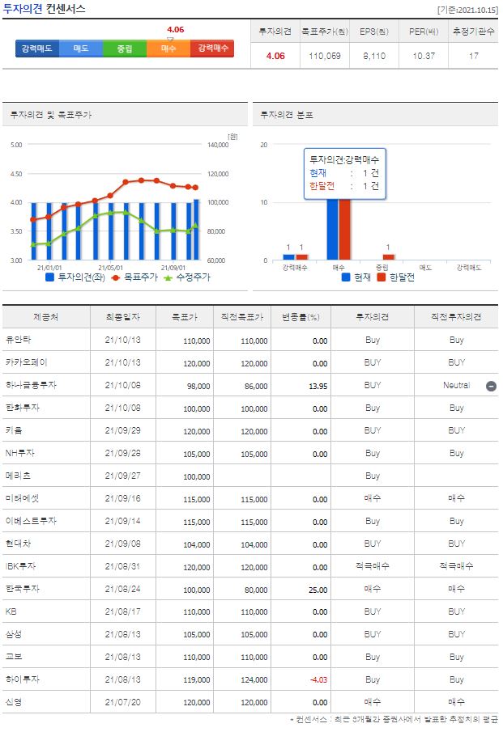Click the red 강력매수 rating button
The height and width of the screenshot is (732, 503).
(213, 49)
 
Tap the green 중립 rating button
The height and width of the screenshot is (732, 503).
(125, 49)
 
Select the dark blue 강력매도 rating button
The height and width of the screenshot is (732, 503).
(37, 49)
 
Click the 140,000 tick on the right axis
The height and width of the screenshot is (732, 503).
(219, 145)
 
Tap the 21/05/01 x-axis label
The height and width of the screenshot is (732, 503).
(109, 267)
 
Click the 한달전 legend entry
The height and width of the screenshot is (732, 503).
(397, 277)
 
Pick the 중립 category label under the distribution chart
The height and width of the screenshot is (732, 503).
(382, 267)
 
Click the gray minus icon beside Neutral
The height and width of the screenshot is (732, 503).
(491, 386)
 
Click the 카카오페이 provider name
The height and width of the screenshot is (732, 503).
(27, 363)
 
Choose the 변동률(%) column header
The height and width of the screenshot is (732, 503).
(301, 317)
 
